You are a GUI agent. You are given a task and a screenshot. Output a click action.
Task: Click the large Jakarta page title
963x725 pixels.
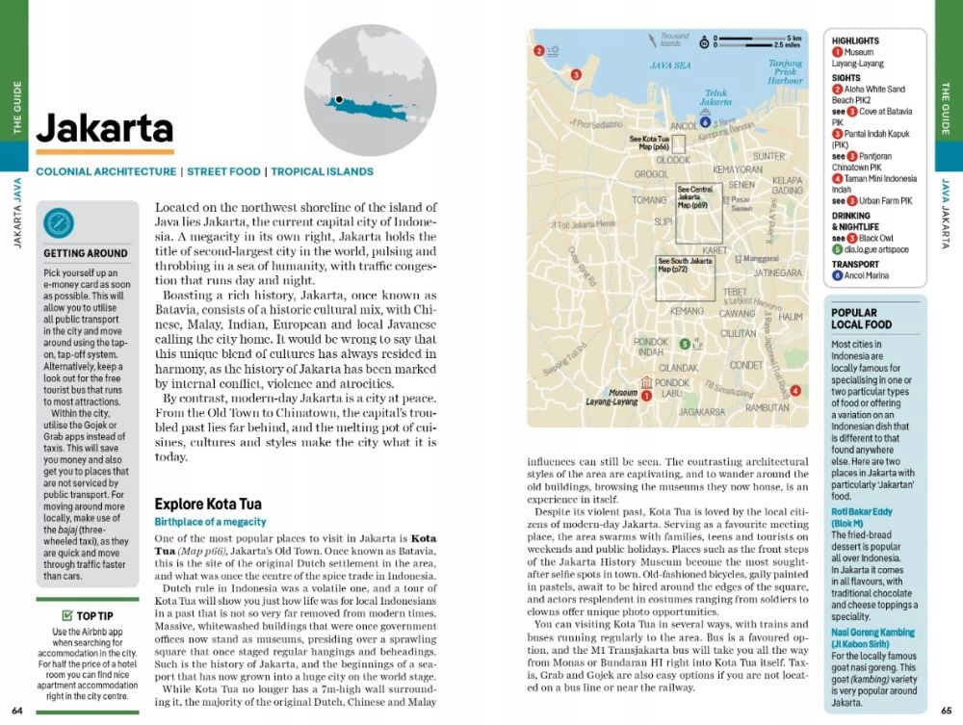105,129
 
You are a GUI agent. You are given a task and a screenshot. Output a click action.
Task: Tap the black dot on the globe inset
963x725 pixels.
339,99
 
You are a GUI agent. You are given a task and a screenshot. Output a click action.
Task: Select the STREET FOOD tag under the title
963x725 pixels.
223,172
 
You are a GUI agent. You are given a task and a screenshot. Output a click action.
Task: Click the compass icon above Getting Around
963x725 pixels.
60,224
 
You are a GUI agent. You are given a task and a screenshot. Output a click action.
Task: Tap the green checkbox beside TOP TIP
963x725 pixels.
66,615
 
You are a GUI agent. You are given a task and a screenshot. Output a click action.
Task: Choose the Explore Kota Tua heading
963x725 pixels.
208,504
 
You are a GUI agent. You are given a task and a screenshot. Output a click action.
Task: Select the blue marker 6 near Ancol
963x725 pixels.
706,122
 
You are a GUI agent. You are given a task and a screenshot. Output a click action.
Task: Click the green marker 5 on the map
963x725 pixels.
684,344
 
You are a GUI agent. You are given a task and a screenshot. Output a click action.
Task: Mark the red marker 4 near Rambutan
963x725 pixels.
794,390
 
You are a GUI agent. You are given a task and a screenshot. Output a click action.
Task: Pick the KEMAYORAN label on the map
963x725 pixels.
738,169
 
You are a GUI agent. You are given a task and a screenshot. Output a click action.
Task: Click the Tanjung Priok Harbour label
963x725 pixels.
785,72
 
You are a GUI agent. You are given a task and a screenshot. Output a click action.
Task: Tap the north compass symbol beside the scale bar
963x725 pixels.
704,40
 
